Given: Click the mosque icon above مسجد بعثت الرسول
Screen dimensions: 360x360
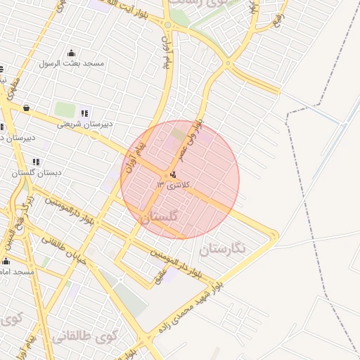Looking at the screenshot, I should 71,53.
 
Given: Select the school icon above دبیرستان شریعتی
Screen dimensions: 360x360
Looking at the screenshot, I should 85,113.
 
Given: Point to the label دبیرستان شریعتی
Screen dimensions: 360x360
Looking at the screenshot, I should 90,124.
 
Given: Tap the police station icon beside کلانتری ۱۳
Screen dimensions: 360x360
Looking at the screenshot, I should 173,175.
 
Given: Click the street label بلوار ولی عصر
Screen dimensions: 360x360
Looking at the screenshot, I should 190,141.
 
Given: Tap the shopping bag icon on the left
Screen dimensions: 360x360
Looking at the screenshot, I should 27,108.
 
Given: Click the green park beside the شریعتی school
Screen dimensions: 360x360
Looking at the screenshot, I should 65,110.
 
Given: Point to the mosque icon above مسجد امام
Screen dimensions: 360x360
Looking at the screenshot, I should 6,261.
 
